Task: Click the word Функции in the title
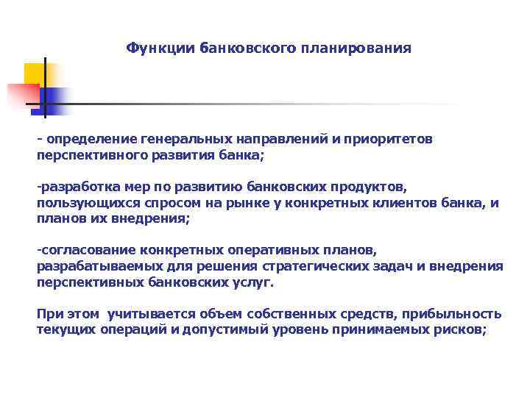point(154,48)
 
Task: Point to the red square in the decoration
point(22,96)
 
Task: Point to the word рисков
point(462,329)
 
